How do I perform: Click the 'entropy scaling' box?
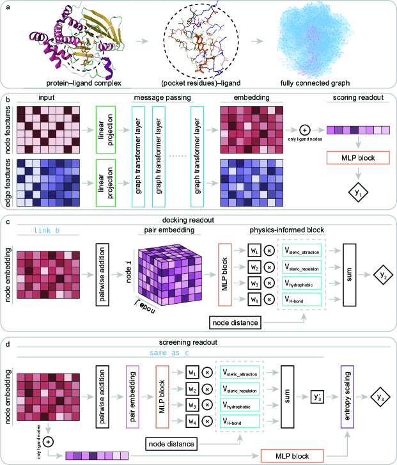point(348,398)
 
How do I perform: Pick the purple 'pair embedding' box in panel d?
point(132,398)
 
